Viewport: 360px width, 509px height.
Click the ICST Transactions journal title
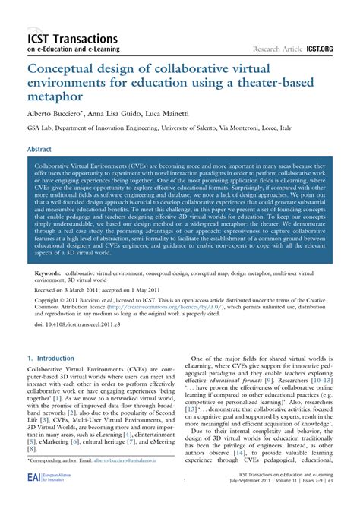click(x=71, y=38)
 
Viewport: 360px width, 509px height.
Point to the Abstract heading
click(x=39, y=150)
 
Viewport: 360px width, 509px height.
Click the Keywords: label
click(x=50, y=271)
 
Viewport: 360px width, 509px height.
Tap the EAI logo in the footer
click(x=33, y=497)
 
